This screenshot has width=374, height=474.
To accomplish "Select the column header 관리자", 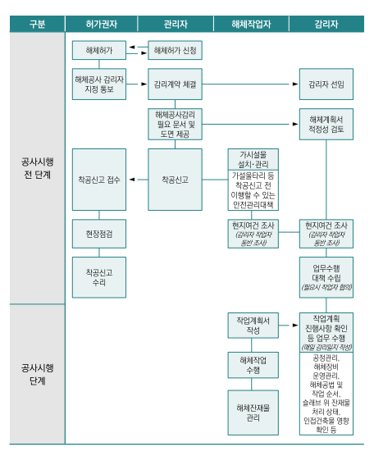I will (x=175, y=24).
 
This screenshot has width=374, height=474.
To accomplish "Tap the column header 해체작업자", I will (x=251, y=24).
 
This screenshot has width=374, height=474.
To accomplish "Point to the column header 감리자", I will (x=326, y=24).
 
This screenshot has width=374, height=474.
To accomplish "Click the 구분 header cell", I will (x=37, y=24).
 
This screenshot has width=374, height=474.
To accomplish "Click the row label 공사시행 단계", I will (x=37, y=373).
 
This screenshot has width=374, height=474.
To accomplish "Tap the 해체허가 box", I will (x=99, y=51).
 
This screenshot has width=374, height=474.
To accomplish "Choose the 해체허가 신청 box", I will (x=176, y=51).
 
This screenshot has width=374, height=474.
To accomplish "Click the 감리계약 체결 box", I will (x=176, y=84).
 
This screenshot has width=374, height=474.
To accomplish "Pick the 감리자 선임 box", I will (x=326, y=84).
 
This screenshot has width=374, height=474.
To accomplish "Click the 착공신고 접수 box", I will (x=99, y=179).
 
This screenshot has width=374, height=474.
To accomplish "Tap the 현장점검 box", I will (x=99, y=233).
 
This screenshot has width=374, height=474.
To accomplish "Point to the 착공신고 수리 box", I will (x=99, y=276).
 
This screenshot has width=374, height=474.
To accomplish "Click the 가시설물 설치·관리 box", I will (x=253, y=158).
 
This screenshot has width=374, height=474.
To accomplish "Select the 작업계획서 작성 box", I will (x=253, y=325).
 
